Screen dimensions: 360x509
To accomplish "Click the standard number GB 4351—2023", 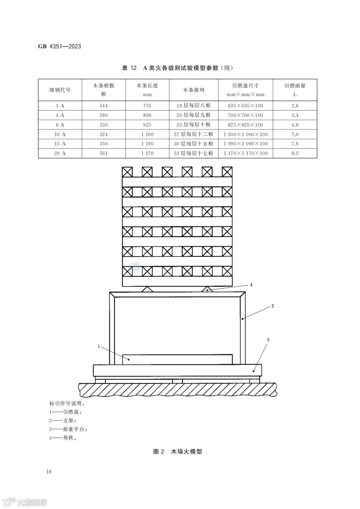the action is (60, 46).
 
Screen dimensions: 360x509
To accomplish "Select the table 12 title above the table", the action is (177, 68).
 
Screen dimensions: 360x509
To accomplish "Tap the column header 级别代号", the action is (60, 90).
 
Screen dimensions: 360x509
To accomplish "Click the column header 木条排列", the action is (194, 90).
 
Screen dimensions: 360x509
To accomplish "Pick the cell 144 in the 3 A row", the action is (104, 106).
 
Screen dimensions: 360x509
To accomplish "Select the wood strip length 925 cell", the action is (147, 125).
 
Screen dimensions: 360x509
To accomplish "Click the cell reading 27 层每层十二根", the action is (194, 134).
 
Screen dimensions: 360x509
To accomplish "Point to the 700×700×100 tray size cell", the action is (246, 115).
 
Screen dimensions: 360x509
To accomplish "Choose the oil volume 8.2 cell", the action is (295, 153).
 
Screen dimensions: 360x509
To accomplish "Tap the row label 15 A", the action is (60, 144).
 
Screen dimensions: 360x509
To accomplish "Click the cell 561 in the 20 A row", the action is (104, 153).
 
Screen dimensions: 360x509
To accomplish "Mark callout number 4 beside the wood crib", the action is (251, 285).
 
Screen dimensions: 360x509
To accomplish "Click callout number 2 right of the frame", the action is (273, 305).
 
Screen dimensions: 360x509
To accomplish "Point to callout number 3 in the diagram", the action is (268, 340).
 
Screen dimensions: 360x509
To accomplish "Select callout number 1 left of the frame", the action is (99, 346).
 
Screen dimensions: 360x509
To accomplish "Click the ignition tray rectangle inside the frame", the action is (177, 359).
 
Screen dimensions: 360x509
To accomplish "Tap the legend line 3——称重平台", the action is (68, 429).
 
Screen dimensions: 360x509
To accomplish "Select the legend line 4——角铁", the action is (63, 438).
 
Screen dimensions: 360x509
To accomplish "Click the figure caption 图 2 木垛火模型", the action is (177, 452).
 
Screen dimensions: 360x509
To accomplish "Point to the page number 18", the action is (49, 471).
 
